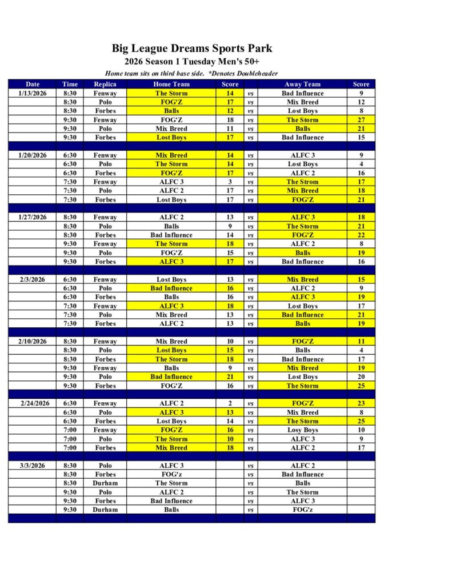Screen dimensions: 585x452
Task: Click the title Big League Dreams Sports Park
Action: [192, 48]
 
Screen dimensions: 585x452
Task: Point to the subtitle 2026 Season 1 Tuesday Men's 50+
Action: [192, 62]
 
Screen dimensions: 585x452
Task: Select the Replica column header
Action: [105, 84]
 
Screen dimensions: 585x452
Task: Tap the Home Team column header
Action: [171, 84]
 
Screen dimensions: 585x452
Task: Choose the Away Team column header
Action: [302, 84]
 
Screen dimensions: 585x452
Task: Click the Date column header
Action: [33, 84]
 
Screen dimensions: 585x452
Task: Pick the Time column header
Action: [70, 84]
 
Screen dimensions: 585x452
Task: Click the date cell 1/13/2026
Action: [33, 93]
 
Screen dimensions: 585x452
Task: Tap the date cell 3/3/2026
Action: [33, 466]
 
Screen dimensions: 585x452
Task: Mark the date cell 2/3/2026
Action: [33, 279]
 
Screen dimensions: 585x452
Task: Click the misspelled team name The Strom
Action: [302, 182]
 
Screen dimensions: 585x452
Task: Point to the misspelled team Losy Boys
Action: [302, 430]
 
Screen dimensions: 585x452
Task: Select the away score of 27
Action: [361, 120]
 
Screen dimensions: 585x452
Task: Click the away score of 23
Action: [361, 403]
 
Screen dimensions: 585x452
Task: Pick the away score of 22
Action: [361, 235]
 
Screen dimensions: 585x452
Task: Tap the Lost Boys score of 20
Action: [361, 377]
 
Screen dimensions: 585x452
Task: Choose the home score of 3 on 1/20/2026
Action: [230, 182]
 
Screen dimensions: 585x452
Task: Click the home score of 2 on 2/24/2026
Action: [230, 403]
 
